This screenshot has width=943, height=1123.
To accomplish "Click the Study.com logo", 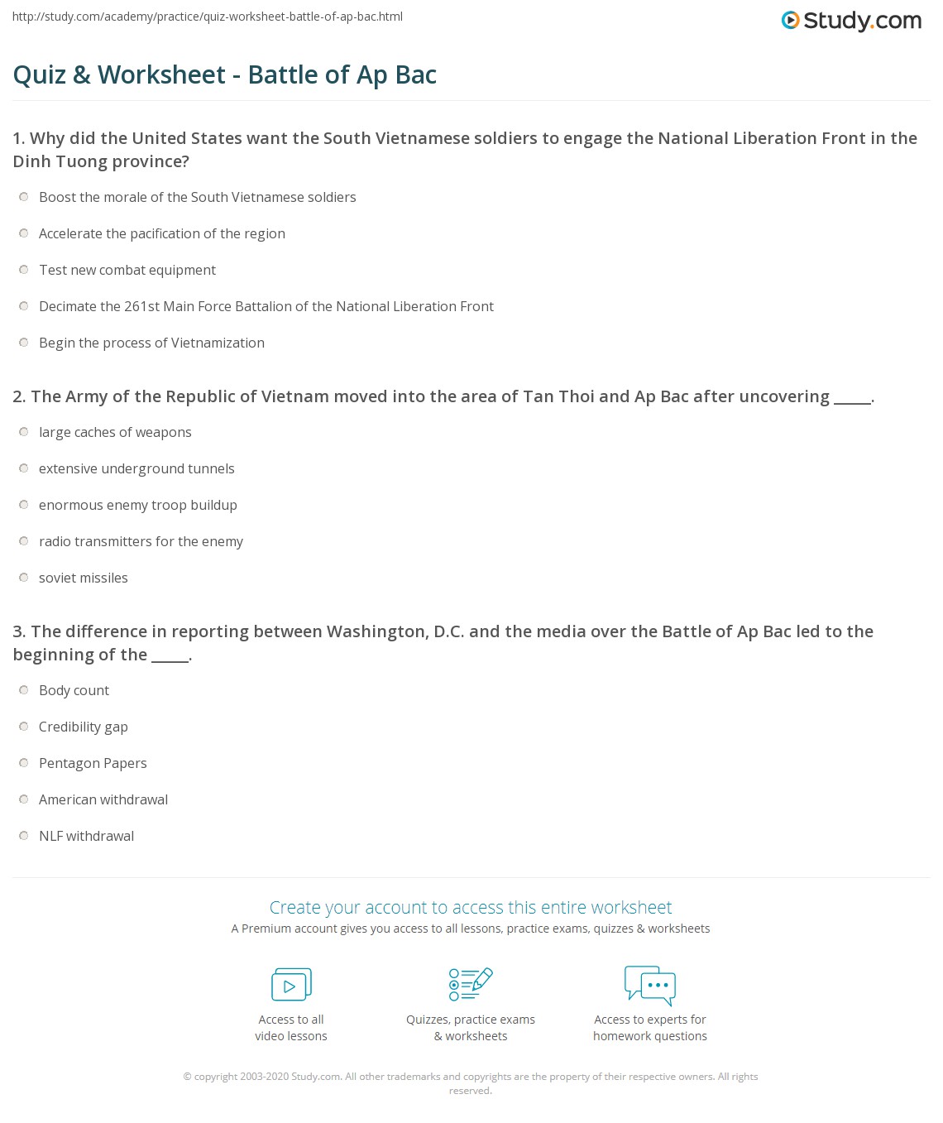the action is [851, 21].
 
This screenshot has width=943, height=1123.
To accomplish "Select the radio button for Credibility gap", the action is [24, 727].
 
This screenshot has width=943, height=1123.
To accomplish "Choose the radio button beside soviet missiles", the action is [24, 578].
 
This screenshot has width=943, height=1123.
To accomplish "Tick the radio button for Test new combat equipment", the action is [24, 270].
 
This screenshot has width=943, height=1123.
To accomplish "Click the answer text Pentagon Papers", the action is [93, 763].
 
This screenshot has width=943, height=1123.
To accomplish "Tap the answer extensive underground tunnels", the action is [136, 468].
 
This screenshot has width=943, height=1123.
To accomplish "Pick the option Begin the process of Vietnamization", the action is [151, 343].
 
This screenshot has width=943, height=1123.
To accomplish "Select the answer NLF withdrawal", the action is [86, 836].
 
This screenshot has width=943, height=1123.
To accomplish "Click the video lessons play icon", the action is [291, 985].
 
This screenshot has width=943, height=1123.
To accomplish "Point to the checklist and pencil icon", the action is [471, 984].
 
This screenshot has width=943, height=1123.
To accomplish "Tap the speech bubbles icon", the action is [650, 985].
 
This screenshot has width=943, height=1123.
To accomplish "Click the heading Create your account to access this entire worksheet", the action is [471, 907].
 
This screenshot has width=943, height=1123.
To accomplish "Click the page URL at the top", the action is [208, 17].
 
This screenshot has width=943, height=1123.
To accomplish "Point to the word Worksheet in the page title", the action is [161, 74].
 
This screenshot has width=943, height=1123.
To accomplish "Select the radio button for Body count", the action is [24, 690].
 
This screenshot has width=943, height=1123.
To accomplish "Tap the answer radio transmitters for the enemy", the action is [141, 541].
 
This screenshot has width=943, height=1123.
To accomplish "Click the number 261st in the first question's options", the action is [141, 306].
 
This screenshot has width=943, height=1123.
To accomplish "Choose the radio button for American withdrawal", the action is [24, 799].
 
